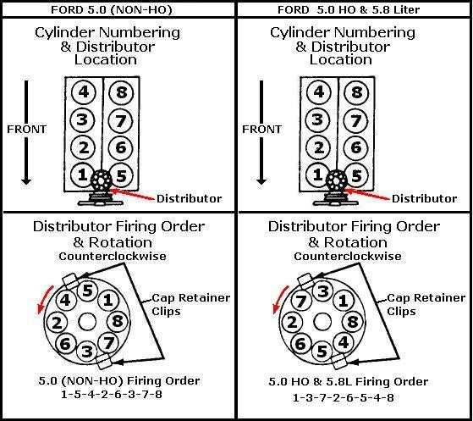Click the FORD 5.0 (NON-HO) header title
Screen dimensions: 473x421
(x=112, y=9)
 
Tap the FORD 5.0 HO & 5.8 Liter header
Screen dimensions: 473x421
(x=349, y=9)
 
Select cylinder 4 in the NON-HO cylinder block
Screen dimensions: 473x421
(x=84, y=91)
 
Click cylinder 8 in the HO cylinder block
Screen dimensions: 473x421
(x=356, y=91)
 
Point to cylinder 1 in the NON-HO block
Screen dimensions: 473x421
(x=82, y=174)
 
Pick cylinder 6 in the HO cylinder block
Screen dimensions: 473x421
(x=356, y=147)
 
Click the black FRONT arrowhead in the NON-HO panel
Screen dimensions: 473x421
(x=26, y=181)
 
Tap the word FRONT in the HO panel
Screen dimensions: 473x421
(x=261, y=130)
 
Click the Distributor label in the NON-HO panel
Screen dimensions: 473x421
(x=190, y=199)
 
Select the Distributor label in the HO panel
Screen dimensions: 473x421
(x=424, y=199)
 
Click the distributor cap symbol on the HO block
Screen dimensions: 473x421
(x=337, y=180)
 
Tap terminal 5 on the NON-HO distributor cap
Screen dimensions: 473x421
(x=87, y=291)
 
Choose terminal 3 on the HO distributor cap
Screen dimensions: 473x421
(x=322, y=291)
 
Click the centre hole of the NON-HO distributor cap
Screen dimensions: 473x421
(x=87, y=321)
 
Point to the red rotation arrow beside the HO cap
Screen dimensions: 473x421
(x=279, y=299)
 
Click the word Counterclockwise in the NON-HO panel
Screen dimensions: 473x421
(x=113, y=257)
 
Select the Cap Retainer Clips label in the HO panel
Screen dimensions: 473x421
(x=426, y=304)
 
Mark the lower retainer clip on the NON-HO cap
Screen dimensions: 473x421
(x=103, y=361)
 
